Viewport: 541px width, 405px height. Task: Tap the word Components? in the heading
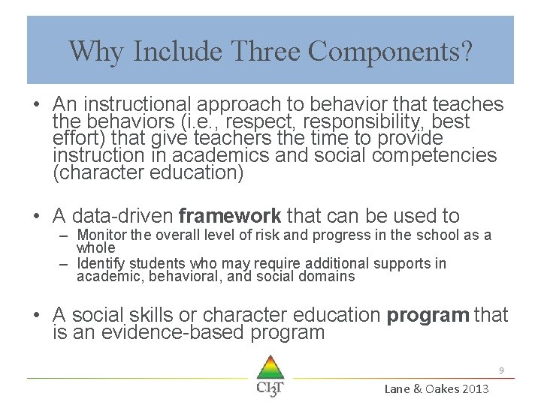tap(391, 51)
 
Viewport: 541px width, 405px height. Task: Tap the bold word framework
tap(230, 216)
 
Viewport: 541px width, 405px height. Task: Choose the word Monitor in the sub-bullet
tap(102, 235)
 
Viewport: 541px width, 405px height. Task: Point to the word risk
tap(264, 235)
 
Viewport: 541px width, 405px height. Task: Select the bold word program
tap(428, 315)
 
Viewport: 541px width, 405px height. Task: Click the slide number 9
tap(500, 370)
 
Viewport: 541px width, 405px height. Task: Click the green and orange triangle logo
tap(270, 367)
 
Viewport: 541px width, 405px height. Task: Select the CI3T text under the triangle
tap(270, 388)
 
